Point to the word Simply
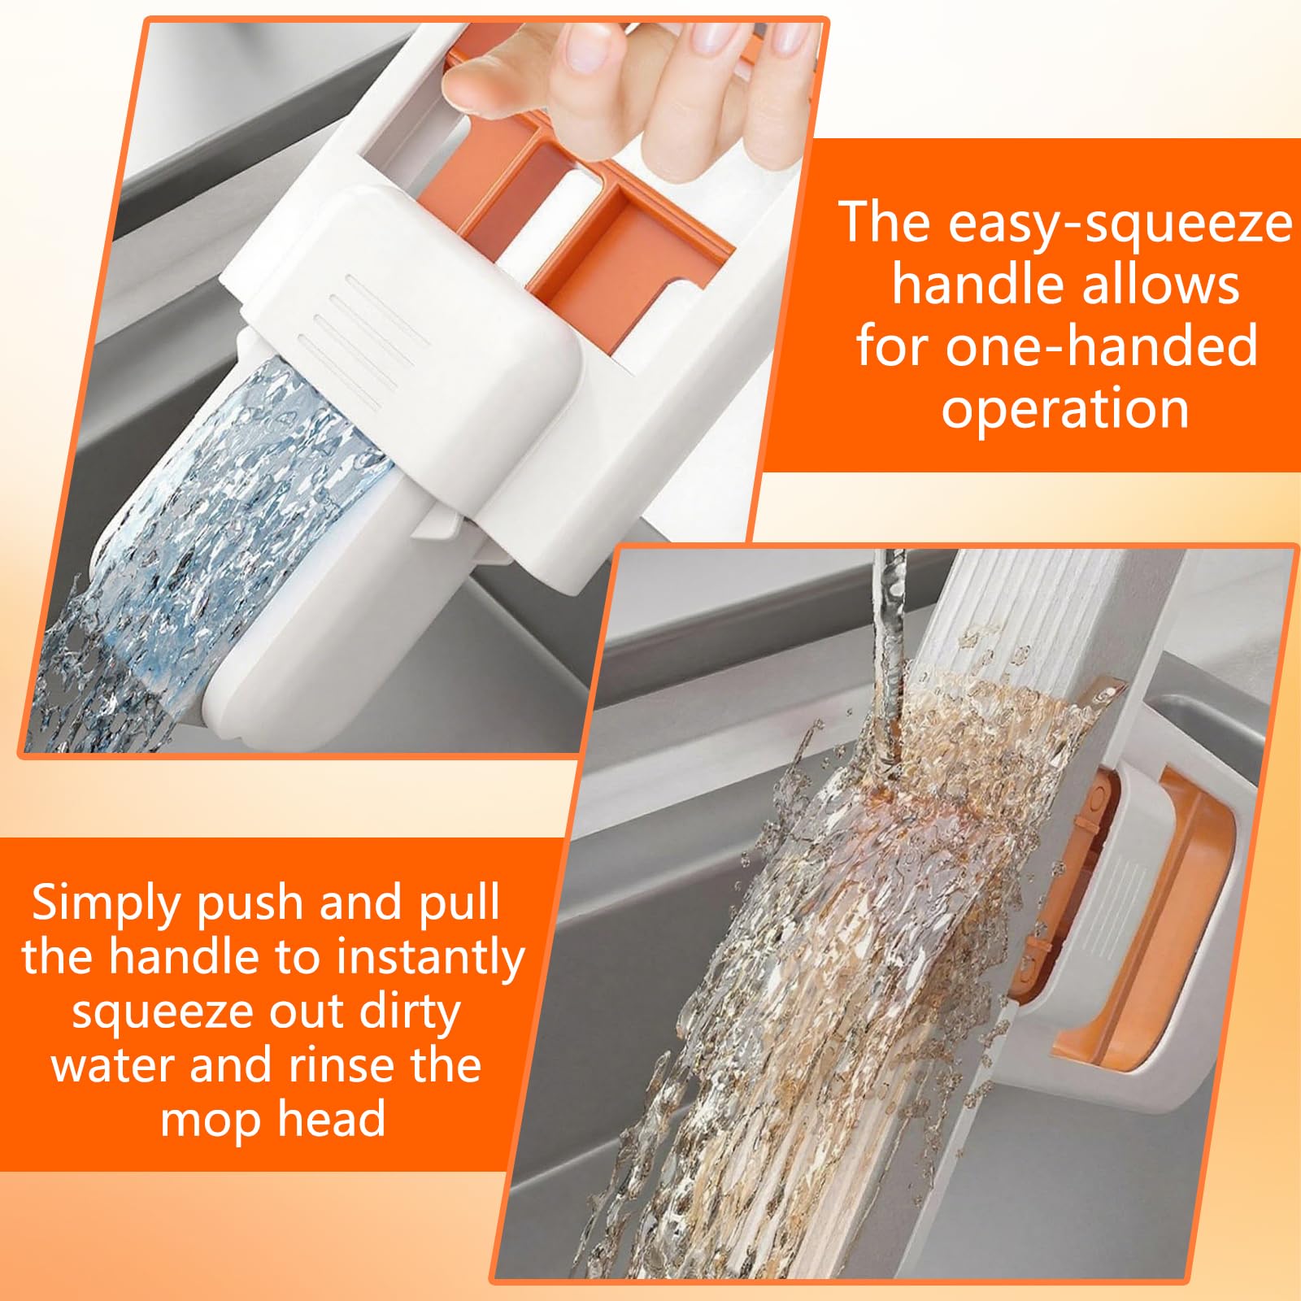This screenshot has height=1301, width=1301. pyautogui.click(x=105, y=904)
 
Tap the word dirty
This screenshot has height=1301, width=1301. pyautogui.click(x=410, y=1012)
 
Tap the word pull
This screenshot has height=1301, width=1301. pyautogui.click(x=459, y=904)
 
